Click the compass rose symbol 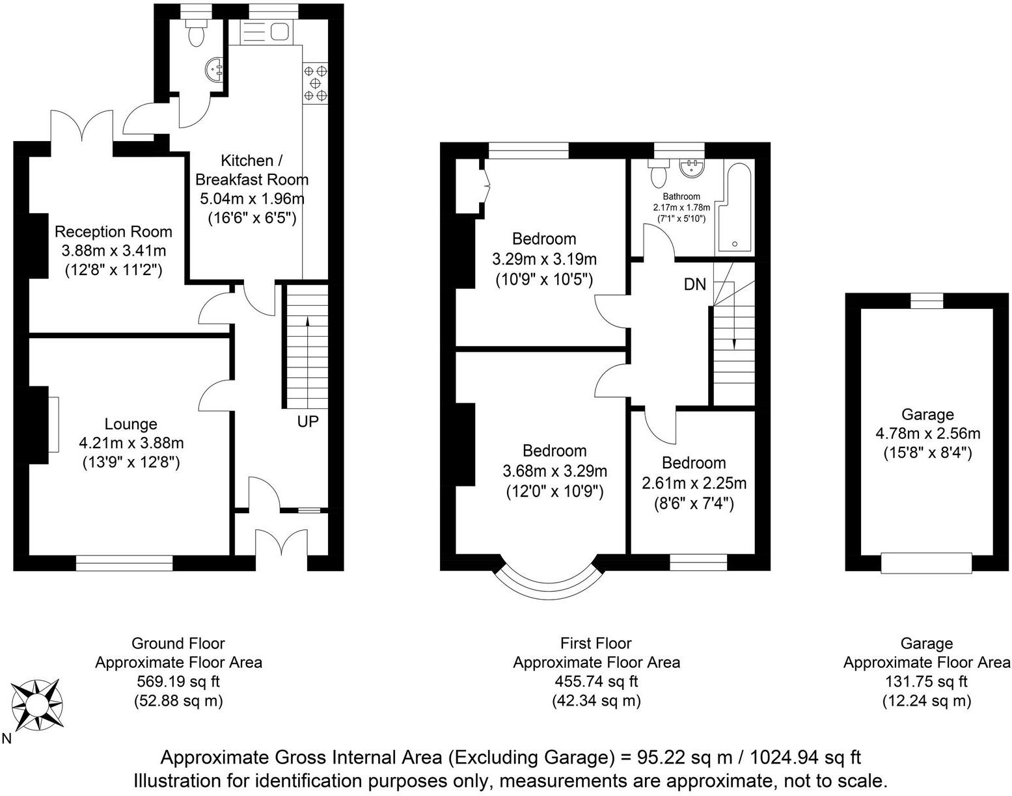(38, 704)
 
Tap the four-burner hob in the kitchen (316, 83)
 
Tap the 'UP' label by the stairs (308, 421)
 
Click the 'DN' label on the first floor (695, 284)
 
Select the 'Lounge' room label (131, 424)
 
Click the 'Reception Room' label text (113, 232)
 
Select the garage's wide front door (926, 563)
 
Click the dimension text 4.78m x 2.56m (927, 433)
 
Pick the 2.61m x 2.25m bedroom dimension (694, 483)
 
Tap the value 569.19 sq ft (178, 682)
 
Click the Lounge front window (124, 563)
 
